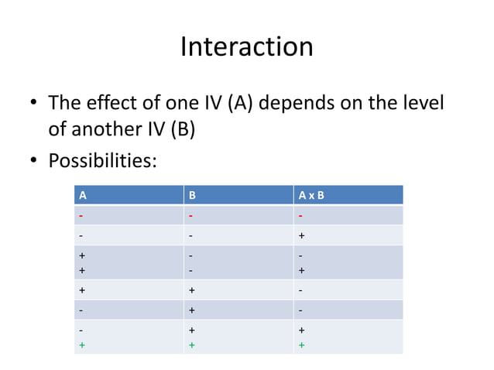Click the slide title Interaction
246,47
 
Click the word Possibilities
102,162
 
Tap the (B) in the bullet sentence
180,128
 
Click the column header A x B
311,195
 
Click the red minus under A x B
301,216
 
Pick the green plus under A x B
302,344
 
